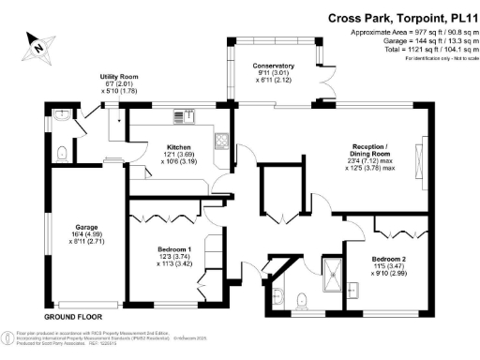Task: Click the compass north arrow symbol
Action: [x=35, y=43]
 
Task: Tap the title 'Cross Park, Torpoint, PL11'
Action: [x=402, y=18]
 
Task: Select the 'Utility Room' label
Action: [x=119, y=77]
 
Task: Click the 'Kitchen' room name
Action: [x=179, y=147]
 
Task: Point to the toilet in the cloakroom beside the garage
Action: [x=61, y=152]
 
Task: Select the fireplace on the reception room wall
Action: [x=427, y=153]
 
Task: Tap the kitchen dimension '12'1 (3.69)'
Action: [x=180, y=155]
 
